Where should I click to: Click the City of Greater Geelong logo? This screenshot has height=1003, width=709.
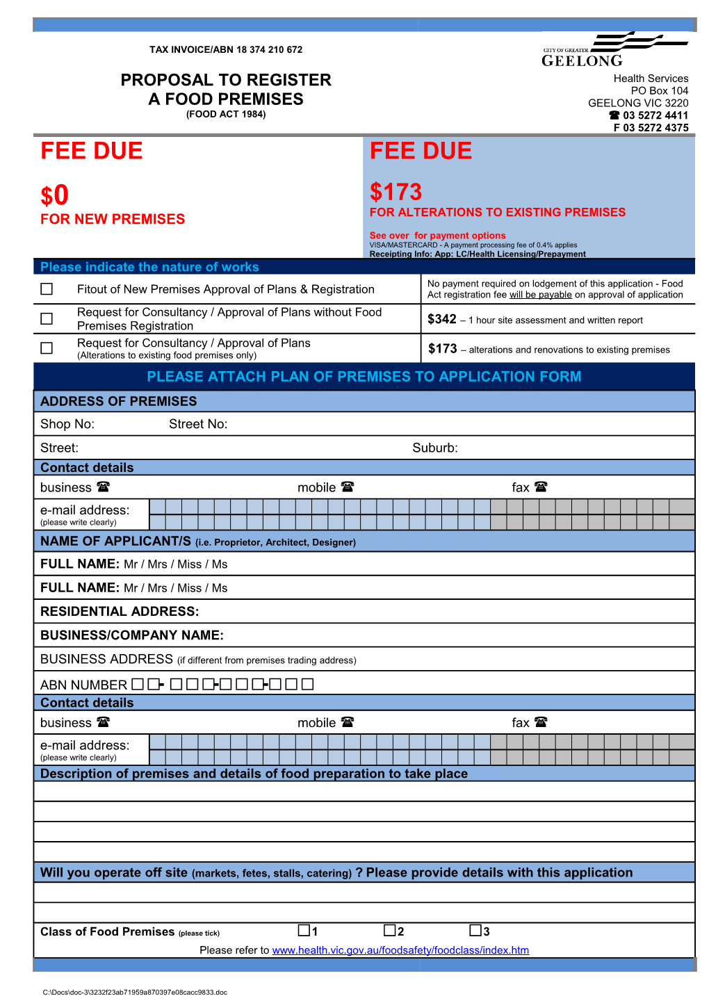(614, 49)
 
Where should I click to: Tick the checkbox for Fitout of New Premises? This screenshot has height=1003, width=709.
(47, 288)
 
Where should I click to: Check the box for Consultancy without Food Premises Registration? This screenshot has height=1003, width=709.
(47, 318)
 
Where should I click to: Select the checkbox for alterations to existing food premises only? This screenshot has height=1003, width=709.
(47, 348)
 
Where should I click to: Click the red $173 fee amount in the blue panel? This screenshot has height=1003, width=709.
(396, 192)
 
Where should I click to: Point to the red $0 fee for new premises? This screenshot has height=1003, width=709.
(54, 195)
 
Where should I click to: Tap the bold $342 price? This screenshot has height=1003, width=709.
(442, 319)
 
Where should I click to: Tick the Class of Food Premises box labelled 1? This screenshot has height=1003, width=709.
(304, 930)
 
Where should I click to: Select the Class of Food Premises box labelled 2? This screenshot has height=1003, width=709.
(390, 930)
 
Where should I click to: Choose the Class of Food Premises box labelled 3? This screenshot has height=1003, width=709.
(475, 930)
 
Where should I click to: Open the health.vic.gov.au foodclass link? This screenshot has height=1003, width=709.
(400, 950)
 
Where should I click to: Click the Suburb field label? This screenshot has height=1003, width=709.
(435, 448)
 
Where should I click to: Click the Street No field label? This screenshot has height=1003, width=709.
(198, 424)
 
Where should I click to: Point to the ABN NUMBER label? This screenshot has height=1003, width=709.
(83, 685)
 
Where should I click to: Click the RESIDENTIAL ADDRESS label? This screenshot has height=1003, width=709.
(120, 612)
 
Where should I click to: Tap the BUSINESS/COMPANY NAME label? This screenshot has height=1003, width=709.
(132, 635)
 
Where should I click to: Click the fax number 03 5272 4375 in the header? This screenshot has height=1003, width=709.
(651, 128)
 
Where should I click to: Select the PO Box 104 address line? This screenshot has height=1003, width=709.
(660, 90)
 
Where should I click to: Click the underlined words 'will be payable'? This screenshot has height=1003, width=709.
(541, 295)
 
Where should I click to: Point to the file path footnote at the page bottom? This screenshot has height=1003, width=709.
(135, 993)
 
